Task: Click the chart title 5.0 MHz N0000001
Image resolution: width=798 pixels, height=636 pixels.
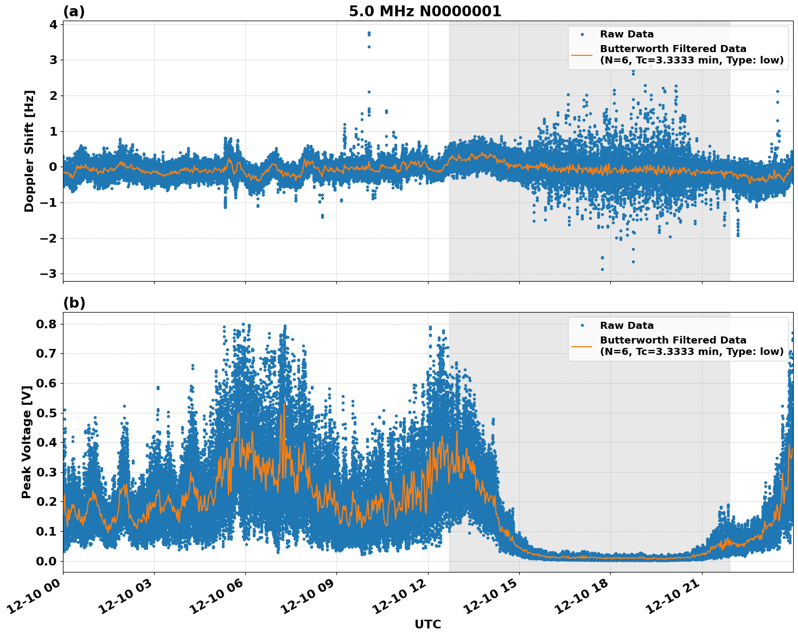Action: pos(425,11)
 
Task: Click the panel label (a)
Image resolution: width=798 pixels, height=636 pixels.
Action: pos(74,11)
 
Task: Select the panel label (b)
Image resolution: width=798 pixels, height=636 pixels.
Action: pos(74,303)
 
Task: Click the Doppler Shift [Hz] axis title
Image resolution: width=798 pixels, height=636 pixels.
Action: pos(29,151)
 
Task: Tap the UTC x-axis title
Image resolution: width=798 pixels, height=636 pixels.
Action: pos(427,624)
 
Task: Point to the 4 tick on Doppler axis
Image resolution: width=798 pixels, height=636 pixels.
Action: pos(53,24)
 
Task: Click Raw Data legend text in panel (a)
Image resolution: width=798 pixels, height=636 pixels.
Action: pos(627,34)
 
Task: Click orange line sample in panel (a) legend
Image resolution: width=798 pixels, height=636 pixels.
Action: pos(582,54)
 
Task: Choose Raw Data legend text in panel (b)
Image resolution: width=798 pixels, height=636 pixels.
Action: pos(627,326)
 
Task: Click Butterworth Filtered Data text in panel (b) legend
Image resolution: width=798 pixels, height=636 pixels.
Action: pos(673,340)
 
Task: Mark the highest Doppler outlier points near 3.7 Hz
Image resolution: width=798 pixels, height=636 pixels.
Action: pos(369,34)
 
